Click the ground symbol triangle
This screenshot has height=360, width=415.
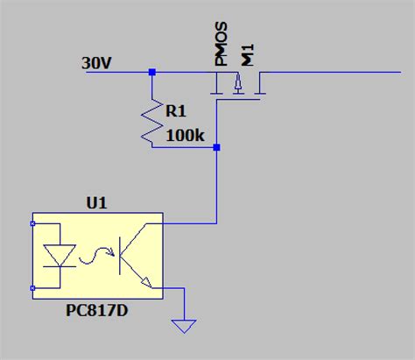[183, 326]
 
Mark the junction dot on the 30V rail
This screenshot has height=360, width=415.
[152, 72]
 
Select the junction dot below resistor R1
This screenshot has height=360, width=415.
[216, 148]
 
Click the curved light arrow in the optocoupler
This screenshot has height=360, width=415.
[91, 257]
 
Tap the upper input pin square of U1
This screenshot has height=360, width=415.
[32, 223]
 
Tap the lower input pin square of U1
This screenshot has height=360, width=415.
[32, 286]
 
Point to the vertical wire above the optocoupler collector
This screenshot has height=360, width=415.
[216, 188]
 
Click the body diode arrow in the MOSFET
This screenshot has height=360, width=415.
[236, 85]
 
